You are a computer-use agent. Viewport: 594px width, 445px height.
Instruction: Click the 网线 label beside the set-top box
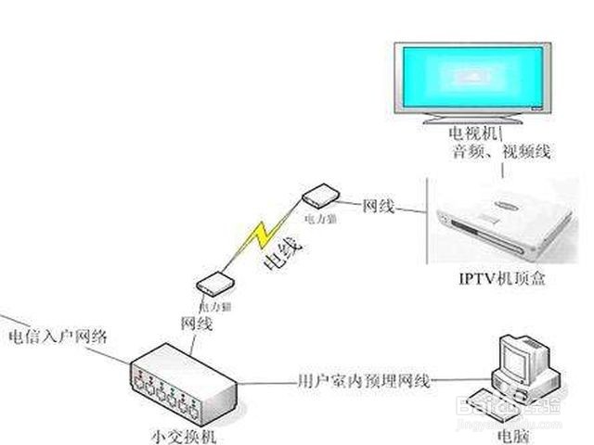click(378, 204)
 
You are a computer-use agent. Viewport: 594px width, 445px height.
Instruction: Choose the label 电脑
click(511, 434)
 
